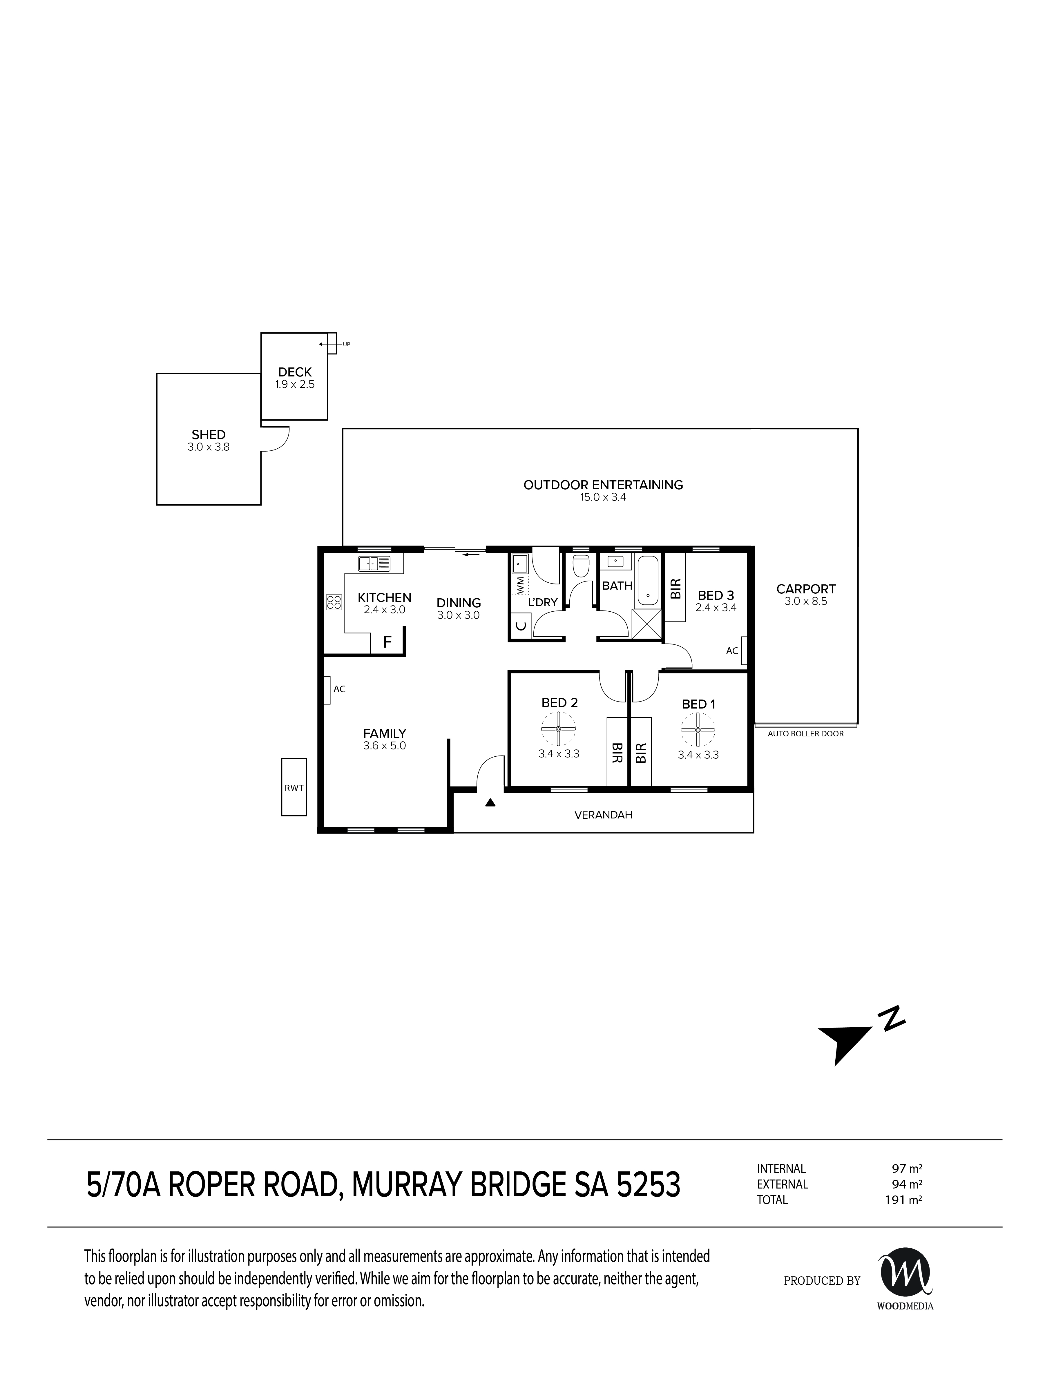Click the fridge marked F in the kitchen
point(387,642)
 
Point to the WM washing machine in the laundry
point(520,585)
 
